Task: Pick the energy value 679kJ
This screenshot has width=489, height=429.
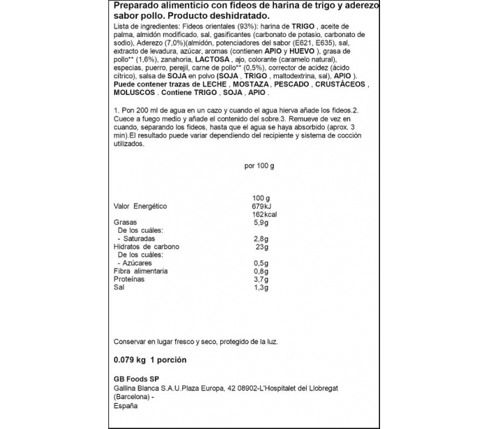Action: click(x=260, y=206)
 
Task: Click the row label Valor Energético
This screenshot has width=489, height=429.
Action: click(x=140, y=206)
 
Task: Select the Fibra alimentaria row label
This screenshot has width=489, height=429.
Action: click(x=143, y=271)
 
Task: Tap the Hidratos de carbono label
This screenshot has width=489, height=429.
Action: click(x=146, y=247)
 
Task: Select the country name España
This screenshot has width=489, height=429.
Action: click(x=125, y=406)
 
